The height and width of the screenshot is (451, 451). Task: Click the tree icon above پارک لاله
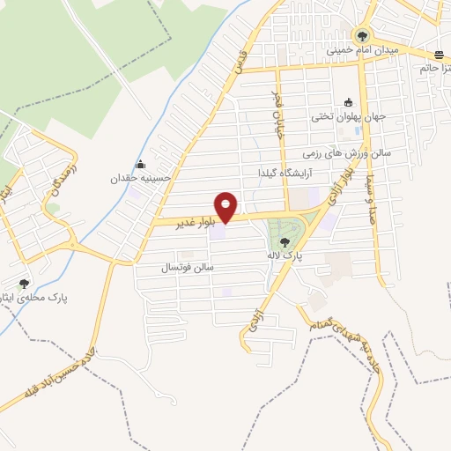point(285,241)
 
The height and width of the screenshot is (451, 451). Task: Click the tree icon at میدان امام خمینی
point(362,36)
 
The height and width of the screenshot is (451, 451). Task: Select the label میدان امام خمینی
point(363,50)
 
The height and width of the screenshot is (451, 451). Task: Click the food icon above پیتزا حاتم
point(439,54)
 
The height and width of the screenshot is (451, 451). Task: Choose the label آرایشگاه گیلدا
point(283,172)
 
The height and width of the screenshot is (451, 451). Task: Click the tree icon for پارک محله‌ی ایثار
point(23,284)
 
